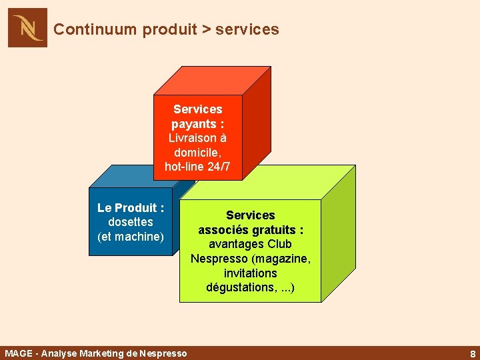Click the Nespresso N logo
click(x=27, y=27)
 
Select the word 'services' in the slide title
click(x=247, y=29)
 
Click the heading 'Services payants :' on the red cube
click(x=197, y=117)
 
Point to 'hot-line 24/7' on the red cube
click(x=197, y=167)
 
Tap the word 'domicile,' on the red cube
click(x=197, y=153)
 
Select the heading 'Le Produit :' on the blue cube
click(x=131, y=208)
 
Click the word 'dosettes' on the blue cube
click(x=131, y=222)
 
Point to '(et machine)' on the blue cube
click(x=131, y=237)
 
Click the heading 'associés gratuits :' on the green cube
click(x=251, y=230)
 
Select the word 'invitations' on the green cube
click(x=251, y=273)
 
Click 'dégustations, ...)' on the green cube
click(x=251, y=288)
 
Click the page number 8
click(x=472, y=354)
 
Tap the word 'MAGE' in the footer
click(x=18, y=353)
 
